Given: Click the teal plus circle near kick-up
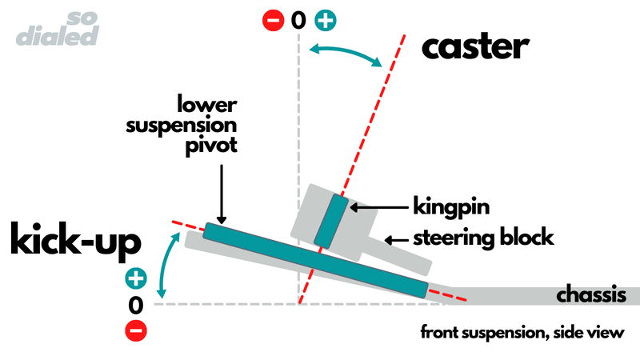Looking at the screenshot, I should (x=135, y=279).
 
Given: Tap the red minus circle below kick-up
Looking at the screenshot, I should (x=135, y=329).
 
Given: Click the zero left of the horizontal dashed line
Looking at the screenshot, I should (x=135, y=304).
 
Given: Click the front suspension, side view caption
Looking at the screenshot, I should (x=522, y=333).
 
